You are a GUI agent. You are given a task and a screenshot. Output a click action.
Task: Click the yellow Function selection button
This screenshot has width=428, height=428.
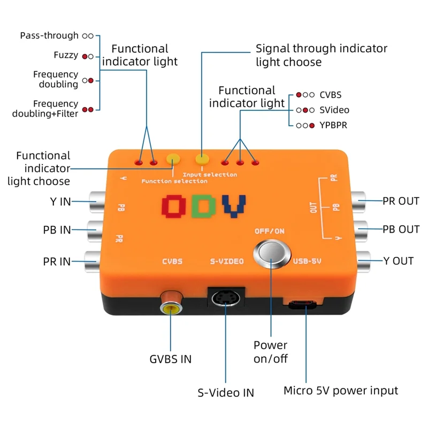(173, 159)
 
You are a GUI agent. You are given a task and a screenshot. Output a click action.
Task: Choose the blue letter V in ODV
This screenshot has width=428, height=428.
(234, 206)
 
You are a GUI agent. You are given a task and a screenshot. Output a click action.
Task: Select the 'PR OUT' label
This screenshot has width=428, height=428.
(401, 201)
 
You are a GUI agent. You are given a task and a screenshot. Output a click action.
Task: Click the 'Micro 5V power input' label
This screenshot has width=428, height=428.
(340, 391)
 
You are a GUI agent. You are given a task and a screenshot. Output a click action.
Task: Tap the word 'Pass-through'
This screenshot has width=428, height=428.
(49, 36)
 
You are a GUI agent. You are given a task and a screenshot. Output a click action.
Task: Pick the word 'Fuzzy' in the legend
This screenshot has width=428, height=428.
(66, 55)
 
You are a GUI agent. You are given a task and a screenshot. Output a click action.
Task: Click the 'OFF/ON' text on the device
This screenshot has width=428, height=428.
(269, 231)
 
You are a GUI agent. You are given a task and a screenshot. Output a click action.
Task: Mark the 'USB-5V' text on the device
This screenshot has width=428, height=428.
(307, 262)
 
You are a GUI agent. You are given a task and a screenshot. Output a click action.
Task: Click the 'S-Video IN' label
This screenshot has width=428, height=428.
(226, 393)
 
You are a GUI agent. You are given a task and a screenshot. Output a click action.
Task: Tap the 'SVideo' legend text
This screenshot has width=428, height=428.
(334, 110)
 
